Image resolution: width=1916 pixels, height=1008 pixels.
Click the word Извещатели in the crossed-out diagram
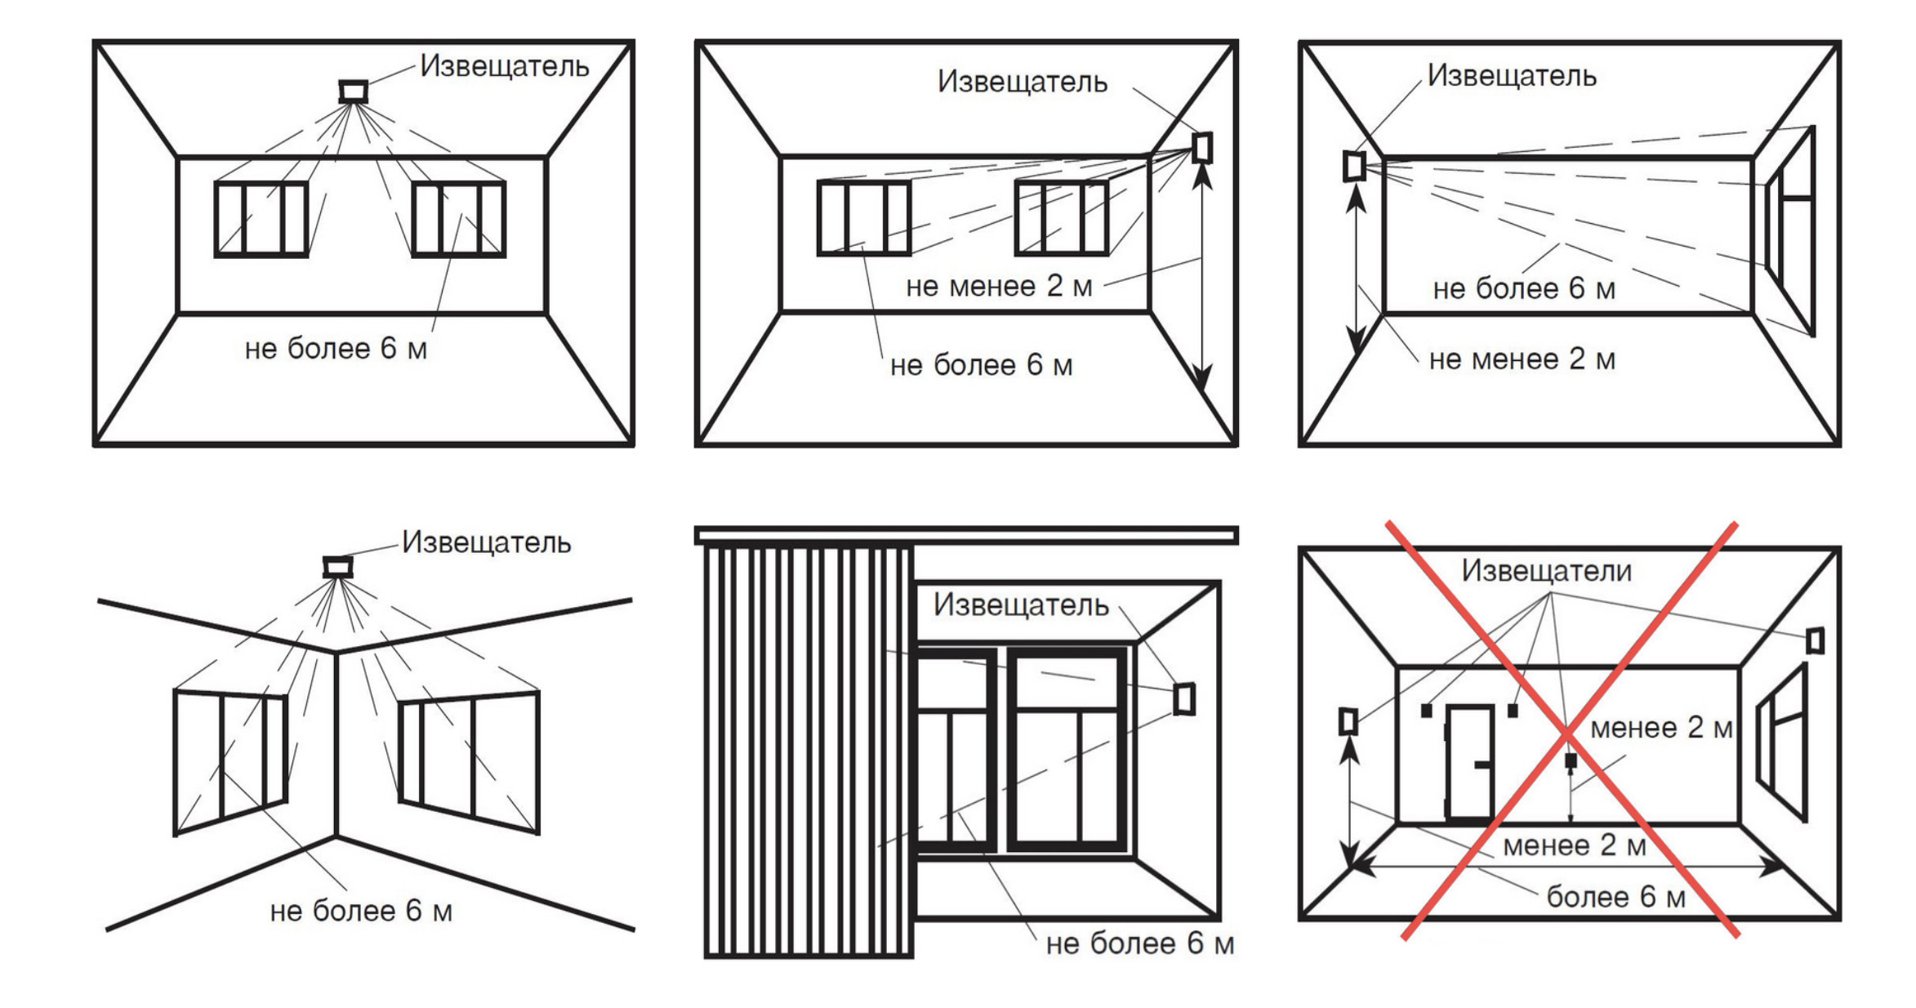pyautogui.click(x=1546, y=571)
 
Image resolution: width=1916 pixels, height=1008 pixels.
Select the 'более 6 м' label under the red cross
pyautogui.click(x=1615, y=897)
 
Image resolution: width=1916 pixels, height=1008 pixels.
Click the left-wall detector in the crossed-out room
pyautogui.click(x=1348, y=721)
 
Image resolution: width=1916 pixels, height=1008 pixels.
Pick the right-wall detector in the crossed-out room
pyautogui.click(x=1815, y=640)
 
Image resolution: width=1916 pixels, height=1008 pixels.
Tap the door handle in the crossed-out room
pyautogui.click(x=1482, y=765)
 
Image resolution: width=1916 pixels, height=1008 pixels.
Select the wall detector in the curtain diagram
pyautogui.click(x=1184, y=699)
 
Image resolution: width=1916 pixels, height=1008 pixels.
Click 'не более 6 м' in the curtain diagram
pyautogui.click(x=1139, y=943)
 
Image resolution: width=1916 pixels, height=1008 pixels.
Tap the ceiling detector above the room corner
pyautogui.click(x=337, y=567)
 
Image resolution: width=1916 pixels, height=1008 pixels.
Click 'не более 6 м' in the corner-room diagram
pyautogui.click(x=361, y=911)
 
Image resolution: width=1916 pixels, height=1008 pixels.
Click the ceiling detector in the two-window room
pyautogui.click(x=354, y=91)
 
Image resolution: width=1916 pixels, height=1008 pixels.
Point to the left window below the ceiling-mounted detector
pyautogui.click(x=261, y=220)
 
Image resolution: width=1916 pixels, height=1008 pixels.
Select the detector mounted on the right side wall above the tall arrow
pyautogui.click(x=1202, y=148)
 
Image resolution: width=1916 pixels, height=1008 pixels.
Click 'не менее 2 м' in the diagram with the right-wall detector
pyautogui.click(x=998, y=287)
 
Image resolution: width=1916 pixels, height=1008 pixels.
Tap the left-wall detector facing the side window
pyautogui.click(x=1354, y=166)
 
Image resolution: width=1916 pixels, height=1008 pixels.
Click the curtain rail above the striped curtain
pyautogui.click(x=966, y=535)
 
